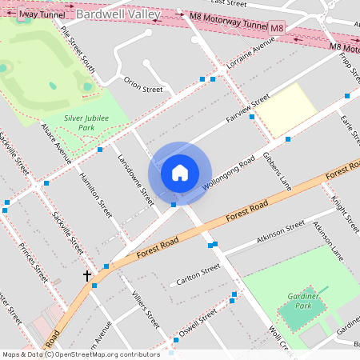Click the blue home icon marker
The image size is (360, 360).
pyautogui.click(x=180, y=172)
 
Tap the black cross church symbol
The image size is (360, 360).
pyautogui.click(x=87, y=276)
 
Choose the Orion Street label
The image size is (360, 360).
pyautogui.click(x=142, y=85)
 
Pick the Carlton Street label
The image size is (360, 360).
pyautogui.click(x=198, y=274)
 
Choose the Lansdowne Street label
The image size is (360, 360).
pyautogui.click(x=135, y=180)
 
